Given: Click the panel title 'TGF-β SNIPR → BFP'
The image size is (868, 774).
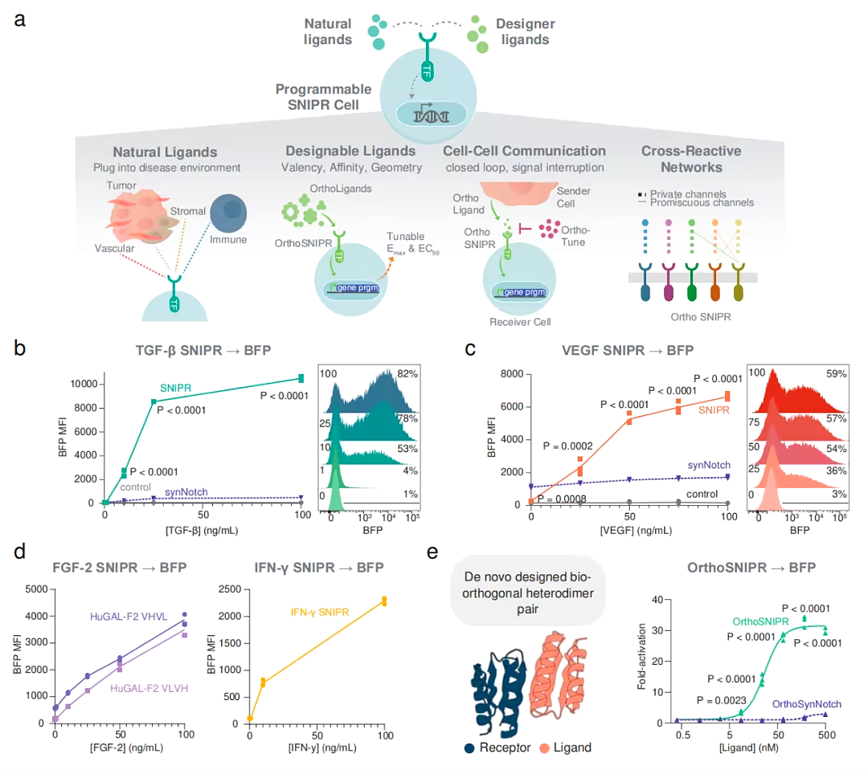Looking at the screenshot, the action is [x=203, y=351].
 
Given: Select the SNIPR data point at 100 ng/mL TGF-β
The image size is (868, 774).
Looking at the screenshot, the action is [x=301, y=378].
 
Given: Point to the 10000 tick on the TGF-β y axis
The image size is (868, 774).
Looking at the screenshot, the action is [x=84, y=384].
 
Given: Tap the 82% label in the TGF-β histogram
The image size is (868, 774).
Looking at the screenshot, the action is [x=407, y=373].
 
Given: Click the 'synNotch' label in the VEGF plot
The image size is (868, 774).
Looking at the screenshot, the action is [x=709, y=465].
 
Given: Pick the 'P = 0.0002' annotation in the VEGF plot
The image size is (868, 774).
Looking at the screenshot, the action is [x=567, y=446].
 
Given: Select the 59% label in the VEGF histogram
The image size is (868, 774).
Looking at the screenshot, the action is [x=836, y=373].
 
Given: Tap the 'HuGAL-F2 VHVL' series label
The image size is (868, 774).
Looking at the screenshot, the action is [x=129, y=617].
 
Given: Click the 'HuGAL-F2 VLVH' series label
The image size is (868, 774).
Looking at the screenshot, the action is [x=149, y=688].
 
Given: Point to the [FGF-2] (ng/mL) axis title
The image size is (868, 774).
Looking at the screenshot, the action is [x=126, y=748].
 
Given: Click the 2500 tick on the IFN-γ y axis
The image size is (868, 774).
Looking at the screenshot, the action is [x=230, y=589].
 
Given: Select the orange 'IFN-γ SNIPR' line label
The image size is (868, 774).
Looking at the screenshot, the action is [x=319, y=613].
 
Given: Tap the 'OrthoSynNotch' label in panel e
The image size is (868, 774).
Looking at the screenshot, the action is [x=807, y=704].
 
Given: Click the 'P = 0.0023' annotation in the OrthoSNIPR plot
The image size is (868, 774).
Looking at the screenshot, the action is [x=721, y=700].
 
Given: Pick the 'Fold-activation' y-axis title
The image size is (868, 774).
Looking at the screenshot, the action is [x=641, y=657].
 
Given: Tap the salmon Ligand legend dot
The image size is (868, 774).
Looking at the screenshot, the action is [x=544, y=748].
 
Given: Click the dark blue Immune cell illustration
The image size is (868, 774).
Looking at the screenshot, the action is [x=228, y=213].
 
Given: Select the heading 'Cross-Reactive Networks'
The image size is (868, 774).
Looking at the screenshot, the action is [x=691, y=159].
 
